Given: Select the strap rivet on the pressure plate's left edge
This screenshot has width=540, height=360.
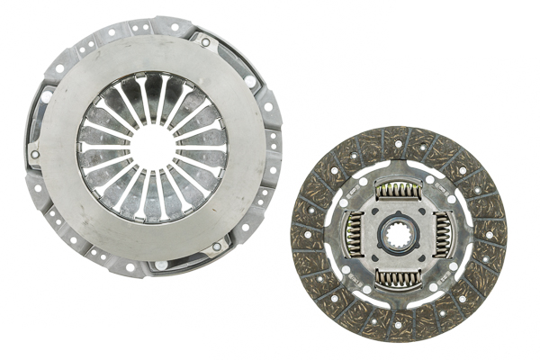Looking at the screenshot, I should coord(34,154).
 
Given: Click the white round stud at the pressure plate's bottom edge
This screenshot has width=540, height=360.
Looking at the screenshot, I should coord(161,265).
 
